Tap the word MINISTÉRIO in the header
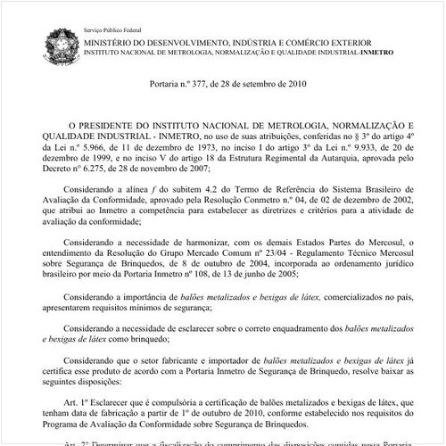click(114, 42)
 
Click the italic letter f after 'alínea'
click(176, 190)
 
